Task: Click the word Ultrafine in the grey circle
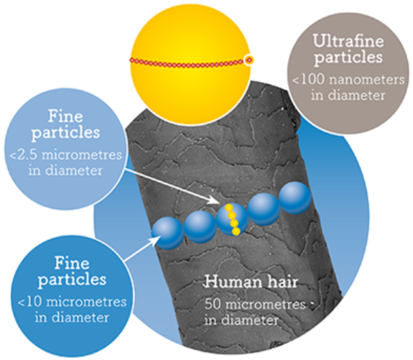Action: (x=348, y=42)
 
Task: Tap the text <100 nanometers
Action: (x=348, y=79)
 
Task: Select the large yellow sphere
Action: (x=190, y=64)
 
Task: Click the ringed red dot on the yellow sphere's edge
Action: (x=249, y=60)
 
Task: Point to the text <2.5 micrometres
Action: (x=66, y=154)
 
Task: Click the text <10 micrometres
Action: (x=72, y=302)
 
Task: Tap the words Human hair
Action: (x=251, y=282)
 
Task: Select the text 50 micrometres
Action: (x=255, y=305)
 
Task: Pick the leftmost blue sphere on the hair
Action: (x=167, y=233)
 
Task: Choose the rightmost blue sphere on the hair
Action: (x=295, y=198)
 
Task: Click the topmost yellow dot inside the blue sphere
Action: (x=228, y=208)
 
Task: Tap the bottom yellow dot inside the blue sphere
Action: (x=236, y=231)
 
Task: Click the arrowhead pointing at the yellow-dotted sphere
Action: (x=214, y=200)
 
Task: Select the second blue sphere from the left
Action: (x=200, y=226)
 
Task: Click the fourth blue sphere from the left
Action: (x=264, y=209)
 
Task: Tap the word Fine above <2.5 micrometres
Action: (x=65, y=116)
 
